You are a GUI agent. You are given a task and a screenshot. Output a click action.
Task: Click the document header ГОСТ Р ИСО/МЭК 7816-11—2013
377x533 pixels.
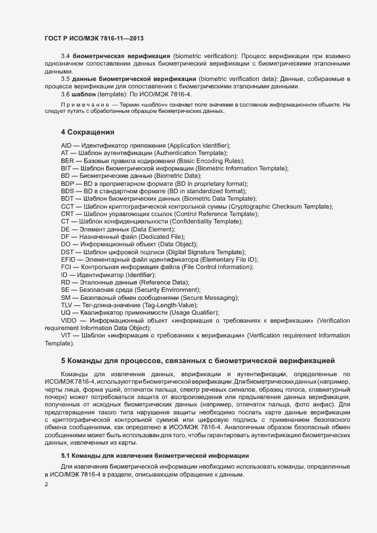click(94, 38)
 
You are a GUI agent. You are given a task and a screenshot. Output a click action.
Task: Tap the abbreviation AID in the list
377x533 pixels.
click(66, 146)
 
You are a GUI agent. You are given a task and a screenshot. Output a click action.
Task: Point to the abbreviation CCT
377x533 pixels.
click(67, 206)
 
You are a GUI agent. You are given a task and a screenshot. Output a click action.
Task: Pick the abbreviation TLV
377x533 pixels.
click(67, 305)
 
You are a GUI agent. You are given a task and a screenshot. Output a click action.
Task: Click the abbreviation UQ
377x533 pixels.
click(66, 312)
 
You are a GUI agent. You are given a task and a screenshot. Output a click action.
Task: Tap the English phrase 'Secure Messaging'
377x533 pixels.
click(210, 298)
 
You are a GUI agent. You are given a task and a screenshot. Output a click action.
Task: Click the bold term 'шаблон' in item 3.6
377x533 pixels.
click(84, 93)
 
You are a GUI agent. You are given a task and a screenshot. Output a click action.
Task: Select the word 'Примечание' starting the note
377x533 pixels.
click(84, 105)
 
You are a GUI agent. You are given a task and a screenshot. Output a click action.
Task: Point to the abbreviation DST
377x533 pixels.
click(67, 252)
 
